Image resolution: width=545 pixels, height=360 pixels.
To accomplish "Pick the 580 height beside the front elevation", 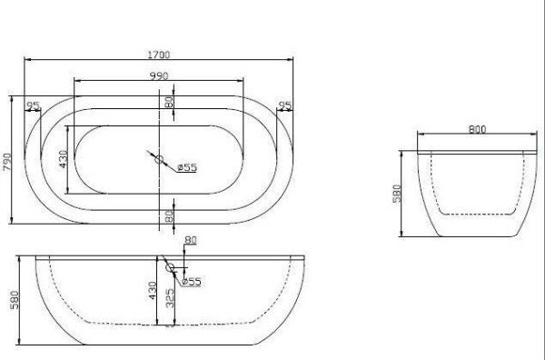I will pos(12,301).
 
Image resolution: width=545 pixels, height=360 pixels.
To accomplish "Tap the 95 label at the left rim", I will pos(34,107).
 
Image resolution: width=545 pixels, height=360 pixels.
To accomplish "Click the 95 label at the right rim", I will pos(285,107).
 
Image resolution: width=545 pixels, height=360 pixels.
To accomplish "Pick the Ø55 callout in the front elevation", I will pos(191,282).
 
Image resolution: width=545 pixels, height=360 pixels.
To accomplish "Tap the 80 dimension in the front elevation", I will pos(189,240).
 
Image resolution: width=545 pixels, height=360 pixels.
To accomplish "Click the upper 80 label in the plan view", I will pos(169,103).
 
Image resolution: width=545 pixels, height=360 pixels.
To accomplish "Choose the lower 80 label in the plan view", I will pos(169,216).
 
